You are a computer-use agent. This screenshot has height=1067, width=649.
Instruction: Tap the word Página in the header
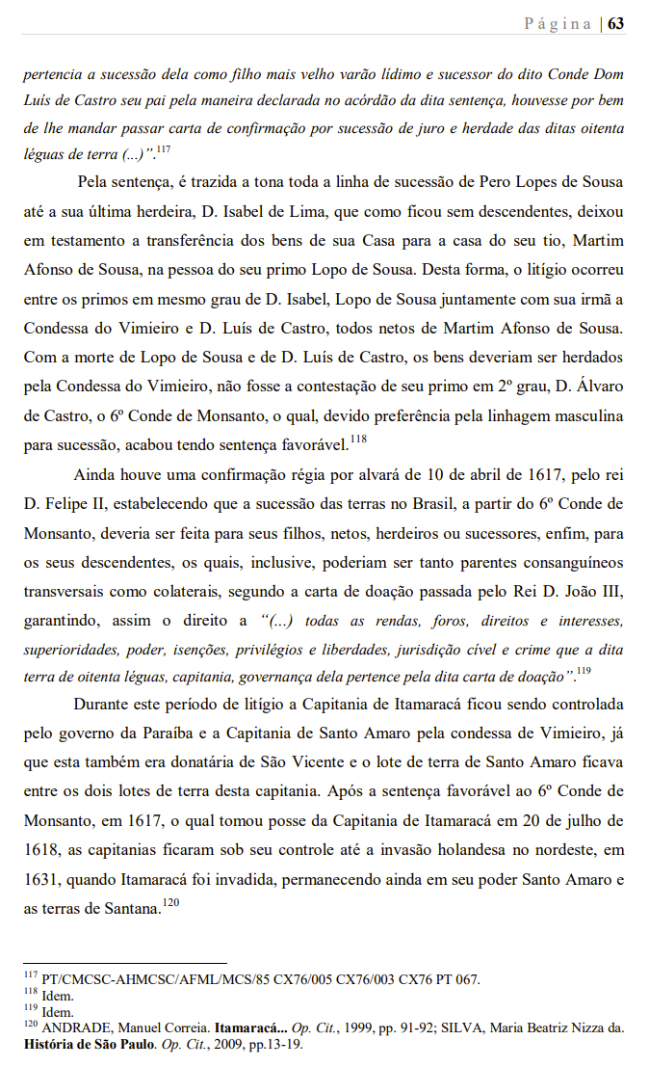pyautogui.click(x=558, y=24)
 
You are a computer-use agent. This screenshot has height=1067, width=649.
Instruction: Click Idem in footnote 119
pyautogui.click(x=57, y=1012)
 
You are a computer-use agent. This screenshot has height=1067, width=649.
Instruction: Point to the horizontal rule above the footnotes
pyautogui.click(x=125, y=963)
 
